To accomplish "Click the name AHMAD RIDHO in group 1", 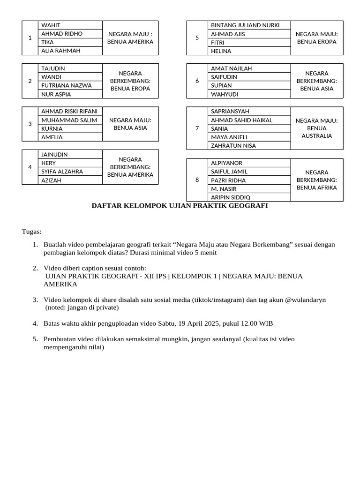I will (x=62, y=34).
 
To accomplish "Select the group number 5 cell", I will (x=197, y=38).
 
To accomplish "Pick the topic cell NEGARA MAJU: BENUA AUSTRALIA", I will (x=316, y=128).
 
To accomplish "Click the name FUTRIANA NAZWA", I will (x=66, y=85).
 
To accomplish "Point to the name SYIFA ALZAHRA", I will (x=62, y=172).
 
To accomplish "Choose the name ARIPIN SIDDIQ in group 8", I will (x=231, y=197).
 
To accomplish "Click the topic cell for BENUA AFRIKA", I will (x=316, y=180).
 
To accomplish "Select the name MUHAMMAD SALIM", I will (x=69, y=120).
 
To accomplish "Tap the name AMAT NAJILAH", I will (x=232, y=68).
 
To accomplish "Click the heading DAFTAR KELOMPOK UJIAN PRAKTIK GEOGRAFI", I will (x=180, y=206).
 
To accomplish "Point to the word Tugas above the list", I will (x=31, y=232).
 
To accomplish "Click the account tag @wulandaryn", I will (x=305, y=300).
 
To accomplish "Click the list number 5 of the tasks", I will (x=35, y=339).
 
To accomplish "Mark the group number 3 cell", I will (x=30, y=124).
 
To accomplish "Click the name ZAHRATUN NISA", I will (x=233, y=146).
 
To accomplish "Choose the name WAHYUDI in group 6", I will (x=225, y=94).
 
